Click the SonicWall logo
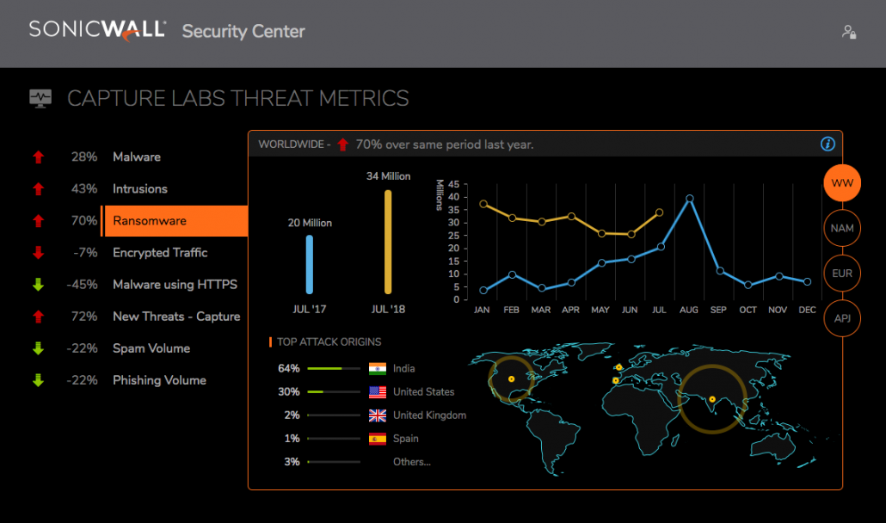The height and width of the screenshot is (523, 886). tap(97, 30)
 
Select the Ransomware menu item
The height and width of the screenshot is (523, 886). tap(150, 221)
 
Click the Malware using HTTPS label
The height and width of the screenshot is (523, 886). tap(175, 285)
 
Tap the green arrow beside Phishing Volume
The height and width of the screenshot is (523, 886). tap(38, 380)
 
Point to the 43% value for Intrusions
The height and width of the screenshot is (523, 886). tap(84, 189)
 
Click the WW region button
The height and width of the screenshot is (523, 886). tap(842, 183)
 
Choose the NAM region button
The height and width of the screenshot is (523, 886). tap(842, 229)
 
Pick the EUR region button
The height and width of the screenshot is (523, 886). tap(842, 274)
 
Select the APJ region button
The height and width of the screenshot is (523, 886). tap(842, 319)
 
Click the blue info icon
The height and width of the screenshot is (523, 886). tap(828, 145)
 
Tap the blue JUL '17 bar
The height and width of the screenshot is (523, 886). tap(310, 265)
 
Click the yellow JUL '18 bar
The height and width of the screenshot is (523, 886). tap(388, 242)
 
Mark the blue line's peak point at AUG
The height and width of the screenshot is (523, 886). tap(690, 199)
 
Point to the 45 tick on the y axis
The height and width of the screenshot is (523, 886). tap(453, 183)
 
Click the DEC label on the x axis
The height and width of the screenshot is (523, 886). tap(807, 310)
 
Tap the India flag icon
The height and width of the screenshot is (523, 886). tap(378, 369)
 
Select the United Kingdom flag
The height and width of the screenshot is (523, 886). tap(378, 415)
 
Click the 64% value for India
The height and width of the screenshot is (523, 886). tap(289, 369)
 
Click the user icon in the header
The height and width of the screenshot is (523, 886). tap(849, 32)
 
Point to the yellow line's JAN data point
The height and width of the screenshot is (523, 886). tap(483, 204)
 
